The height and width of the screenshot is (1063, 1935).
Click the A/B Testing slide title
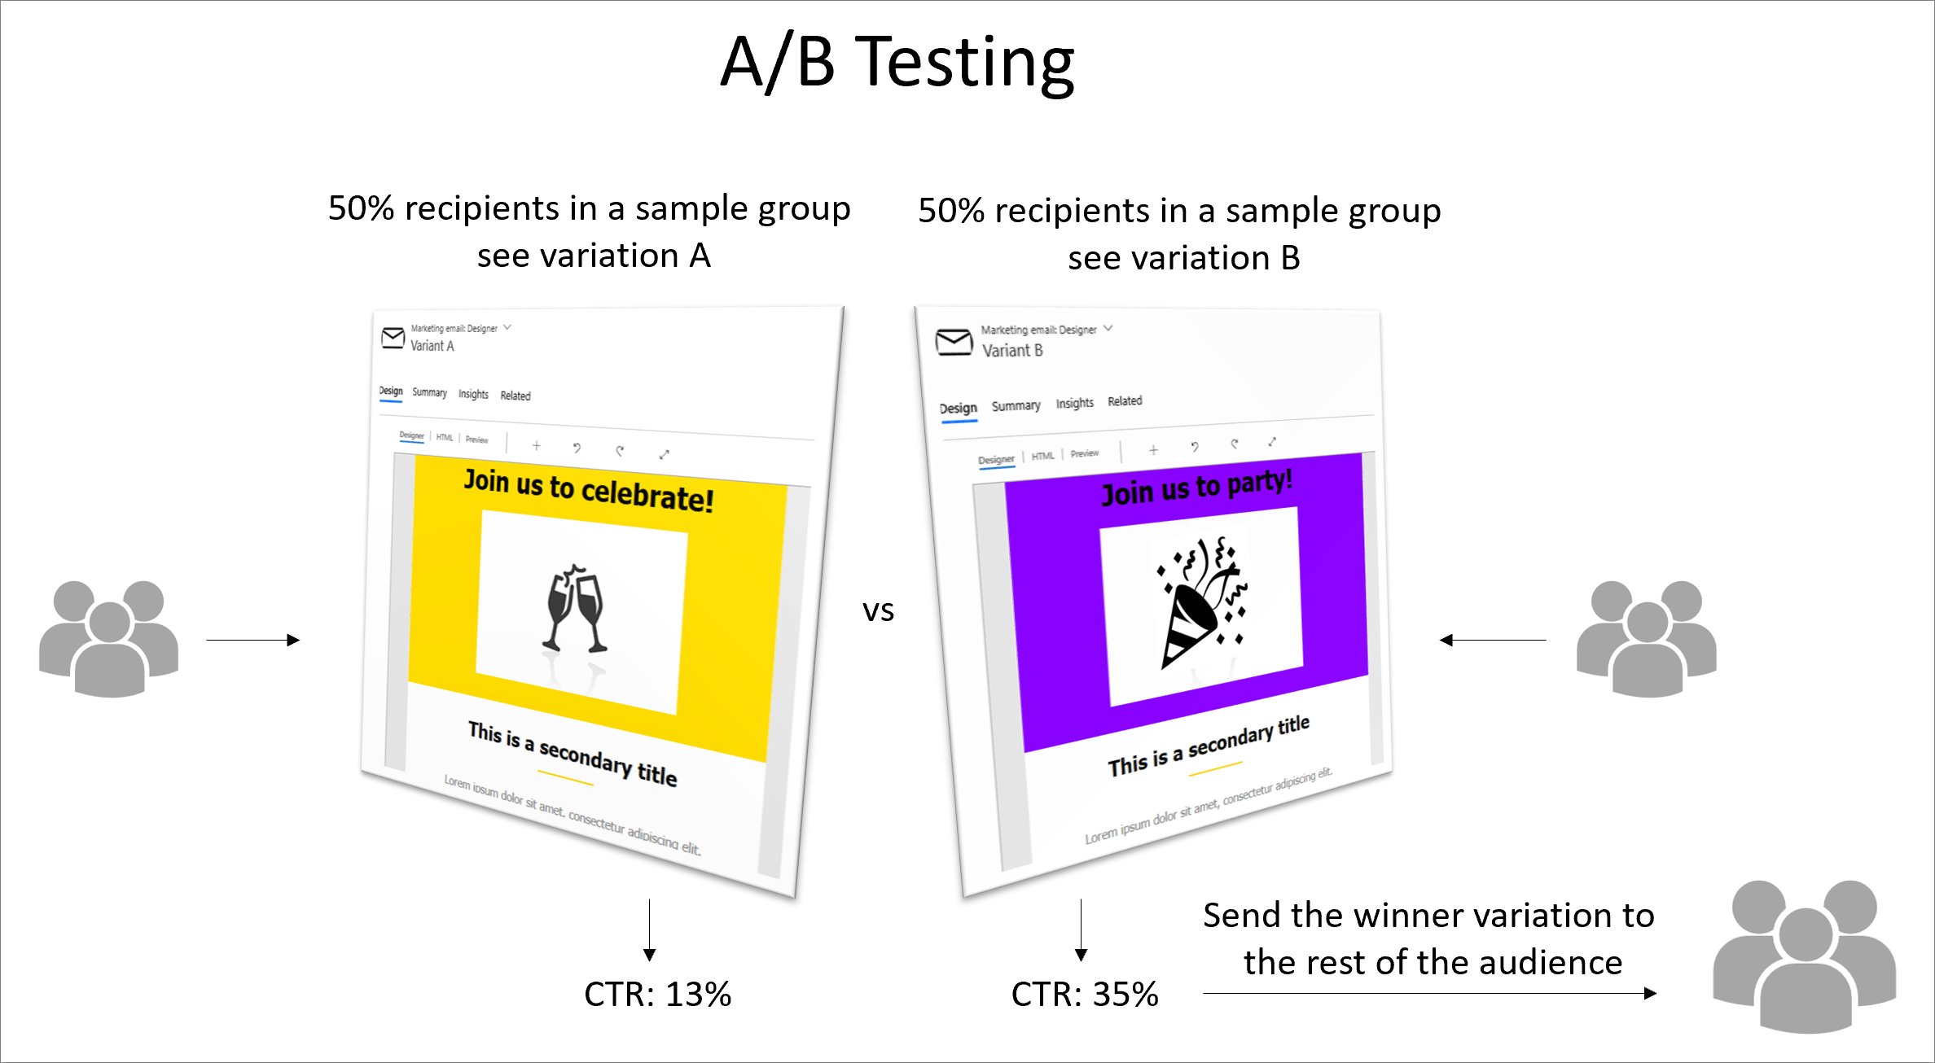pos(897,63)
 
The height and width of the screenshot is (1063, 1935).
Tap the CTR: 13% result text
pos(657,994)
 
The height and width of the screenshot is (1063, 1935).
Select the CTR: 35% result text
pos(1084,994)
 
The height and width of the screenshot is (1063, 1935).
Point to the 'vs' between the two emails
pos(878,610)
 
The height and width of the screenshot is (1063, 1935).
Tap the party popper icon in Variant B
pos(1202,601)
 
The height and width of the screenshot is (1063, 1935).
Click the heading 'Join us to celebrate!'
pos(589,490)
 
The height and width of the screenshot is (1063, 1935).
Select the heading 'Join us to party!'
pos(1196,487)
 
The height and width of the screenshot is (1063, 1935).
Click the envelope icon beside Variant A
pos(393,337)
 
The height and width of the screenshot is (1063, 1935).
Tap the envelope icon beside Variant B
pos(954,342)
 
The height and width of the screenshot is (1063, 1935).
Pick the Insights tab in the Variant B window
pos(1074,404)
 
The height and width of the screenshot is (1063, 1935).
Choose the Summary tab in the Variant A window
pos(429,392)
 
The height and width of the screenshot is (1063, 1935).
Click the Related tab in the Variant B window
pos(1125,401)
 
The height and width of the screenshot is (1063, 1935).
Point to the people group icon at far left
pos(109,639)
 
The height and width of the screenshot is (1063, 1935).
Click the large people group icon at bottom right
pos(1805,956)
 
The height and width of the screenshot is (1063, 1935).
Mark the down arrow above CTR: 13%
pos(649,930)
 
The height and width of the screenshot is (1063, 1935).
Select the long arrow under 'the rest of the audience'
pos(1429,993)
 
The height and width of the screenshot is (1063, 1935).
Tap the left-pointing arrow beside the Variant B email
pos(1493,640)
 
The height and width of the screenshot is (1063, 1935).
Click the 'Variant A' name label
pos(432,346)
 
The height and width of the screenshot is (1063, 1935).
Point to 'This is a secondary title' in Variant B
pos(1209,746)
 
